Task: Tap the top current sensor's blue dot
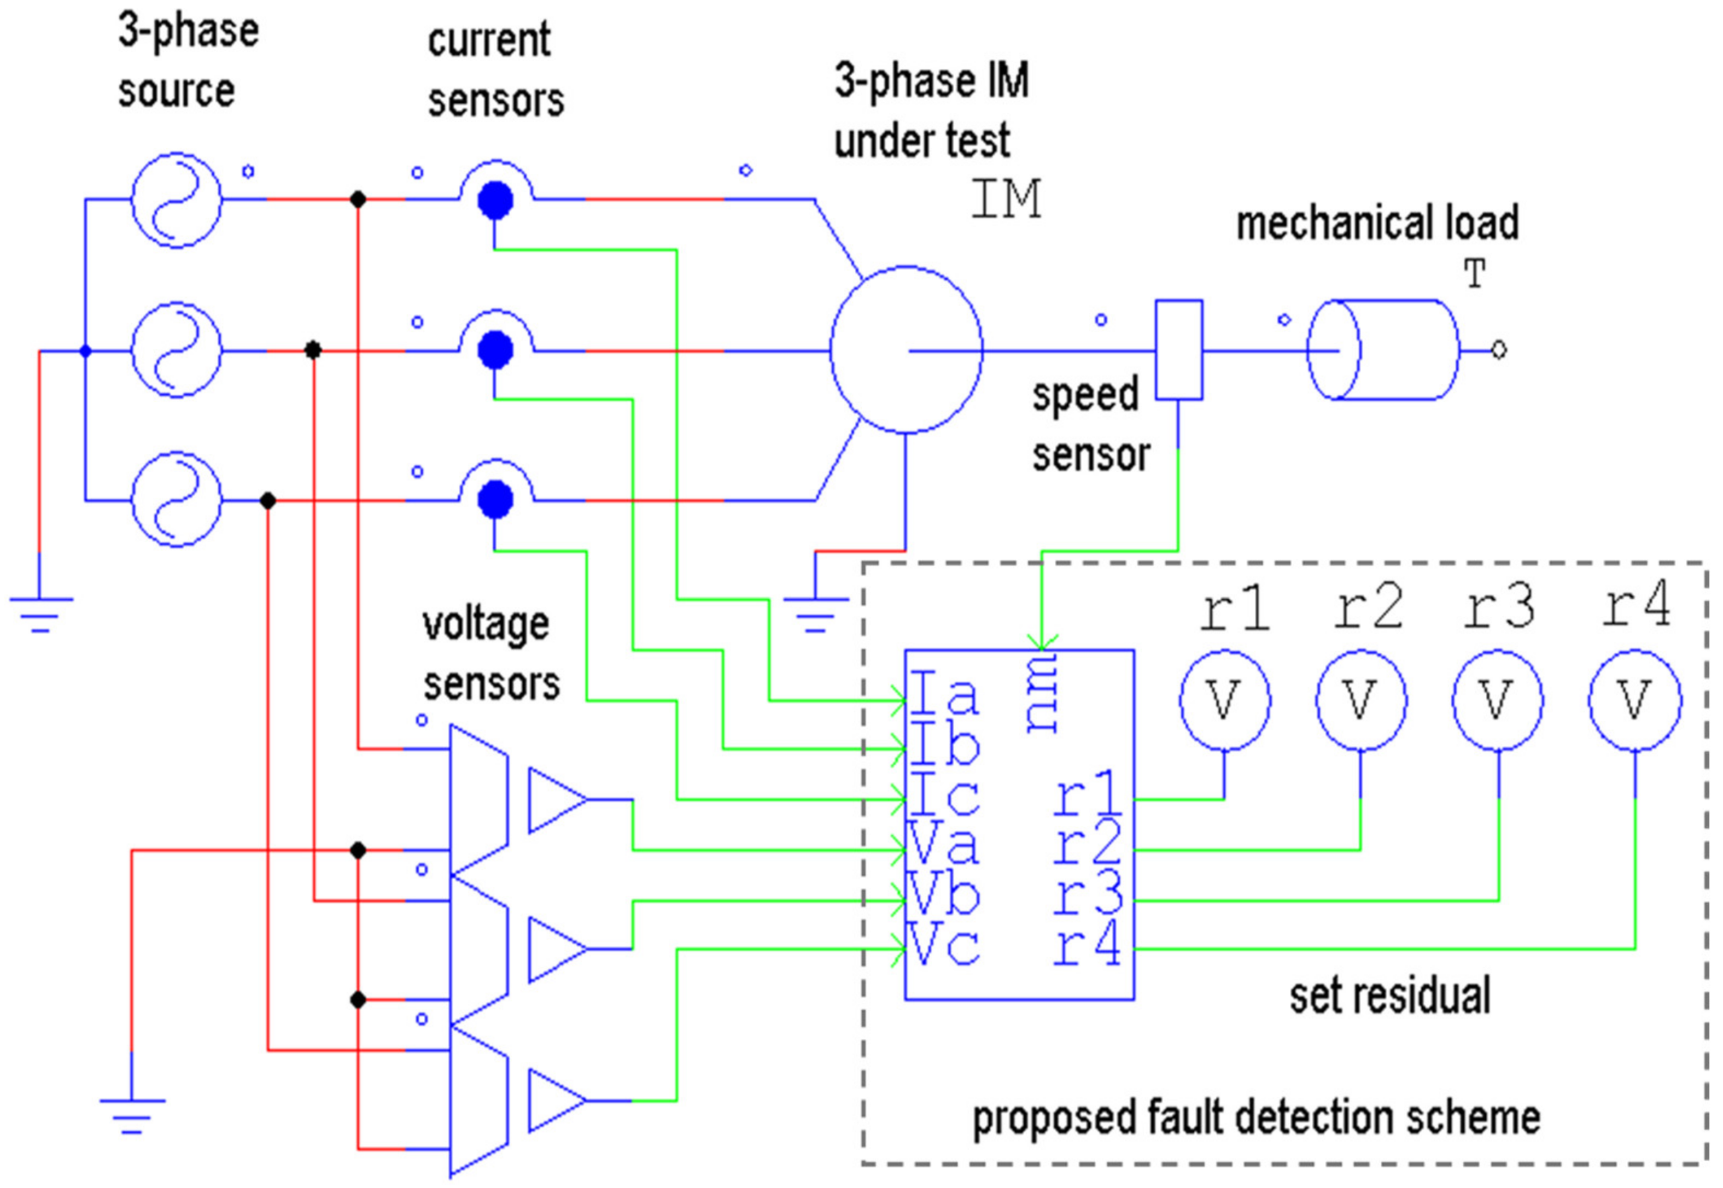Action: (x=495, y=200)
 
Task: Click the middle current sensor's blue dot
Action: (x=495, y=350)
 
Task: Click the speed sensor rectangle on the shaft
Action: (x=1178, y=350)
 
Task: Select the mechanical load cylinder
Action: (x=1383, y=350)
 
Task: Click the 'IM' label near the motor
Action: (x=1006, y=199)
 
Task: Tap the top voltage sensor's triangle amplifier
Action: (x=557, y=800)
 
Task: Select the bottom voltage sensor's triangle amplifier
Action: (x=557, y=1100)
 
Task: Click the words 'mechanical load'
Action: (x=1377, y=223)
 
